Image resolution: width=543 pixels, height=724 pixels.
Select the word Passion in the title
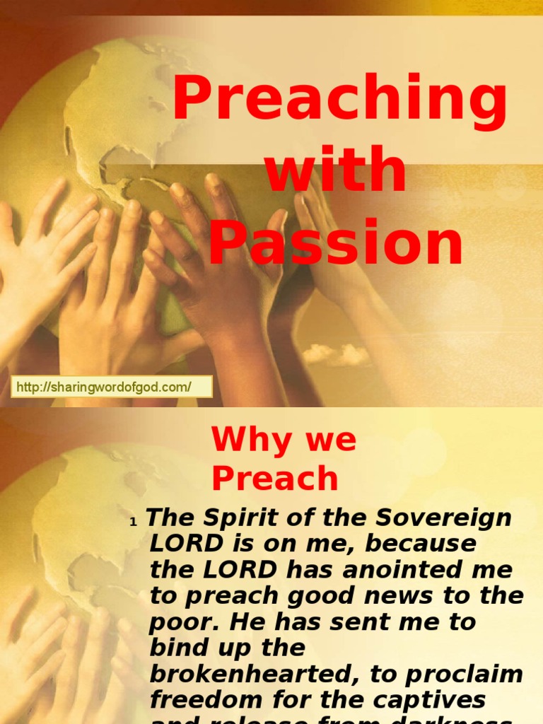336,242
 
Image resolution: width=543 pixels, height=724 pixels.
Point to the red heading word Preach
275,479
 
